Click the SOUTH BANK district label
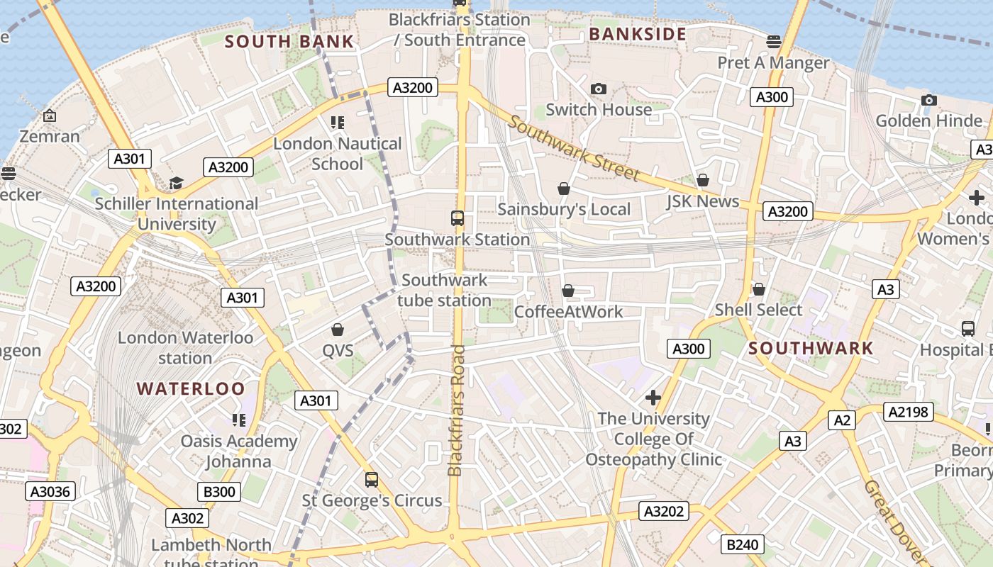tap(289, 42)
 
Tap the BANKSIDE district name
tap(638, 34)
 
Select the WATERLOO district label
tap(191, 388)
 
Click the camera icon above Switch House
tap(599, 89)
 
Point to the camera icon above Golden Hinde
tap(928, 100)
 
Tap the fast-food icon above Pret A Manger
tap(773, 42)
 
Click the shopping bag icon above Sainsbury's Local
tap(564, 189)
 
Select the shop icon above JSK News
tap(702, 181)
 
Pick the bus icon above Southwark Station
tap(457, 218)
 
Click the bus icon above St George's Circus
tap(372, 480)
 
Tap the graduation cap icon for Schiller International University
tap(176, 184)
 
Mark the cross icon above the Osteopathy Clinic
tap(653, 398)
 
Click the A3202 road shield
tap(664, 511)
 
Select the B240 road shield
tap(743, 544)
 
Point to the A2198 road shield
tap(908, 412)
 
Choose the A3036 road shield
tap(50, 491)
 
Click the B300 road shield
tap(219, 492)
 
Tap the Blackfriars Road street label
tap(455, 410)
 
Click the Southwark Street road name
tap(574, 150)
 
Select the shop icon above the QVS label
tap(338, 330)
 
